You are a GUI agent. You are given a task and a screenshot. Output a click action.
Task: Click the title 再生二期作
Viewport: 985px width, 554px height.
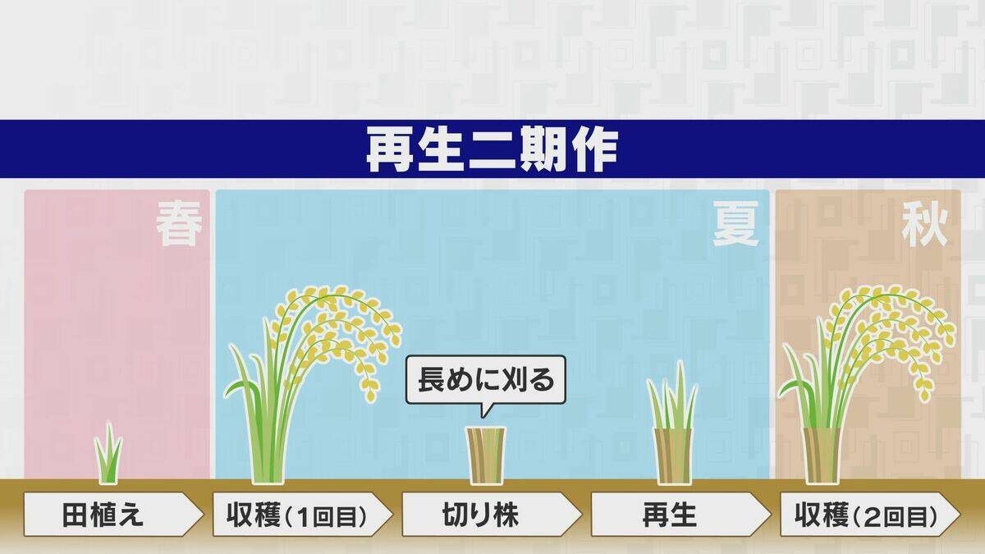[492, 149]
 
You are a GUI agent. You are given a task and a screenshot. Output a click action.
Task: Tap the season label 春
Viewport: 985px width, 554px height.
[180, 227]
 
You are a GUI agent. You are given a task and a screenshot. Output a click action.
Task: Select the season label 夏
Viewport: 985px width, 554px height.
[735, 227]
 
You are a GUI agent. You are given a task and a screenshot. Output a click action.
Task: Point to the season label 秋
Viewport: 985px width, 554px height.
[924, 227]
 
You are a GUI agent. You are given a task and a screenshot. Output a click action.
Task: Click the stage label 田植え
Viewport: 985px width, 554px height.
[103, 515]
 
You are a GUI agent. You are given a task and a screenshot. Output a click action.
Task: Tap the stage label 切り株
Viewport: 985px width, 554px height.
[482, 515]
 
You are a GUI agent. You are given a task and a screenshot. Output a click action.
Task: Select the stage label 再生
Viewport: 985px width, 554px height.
[670, 515]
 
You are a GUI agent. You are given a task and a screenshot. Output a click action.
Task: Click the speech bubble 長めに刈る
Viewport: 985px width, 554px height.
[486, 381]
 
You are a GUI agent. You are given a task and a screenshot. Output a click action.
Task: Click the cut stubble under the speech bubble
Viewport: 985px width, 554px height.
[486, 456]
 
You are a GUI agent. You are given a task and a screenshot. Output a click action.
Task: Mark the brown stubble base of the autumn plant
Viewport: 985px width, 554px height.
[821, 456]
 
